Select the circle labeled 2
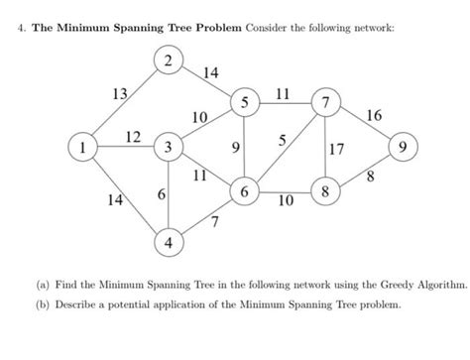169,62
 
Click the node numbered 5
244,103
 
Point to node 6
244,190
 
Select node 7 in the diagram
323,103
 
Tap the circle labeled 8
323,190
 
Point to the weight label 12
131,135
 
